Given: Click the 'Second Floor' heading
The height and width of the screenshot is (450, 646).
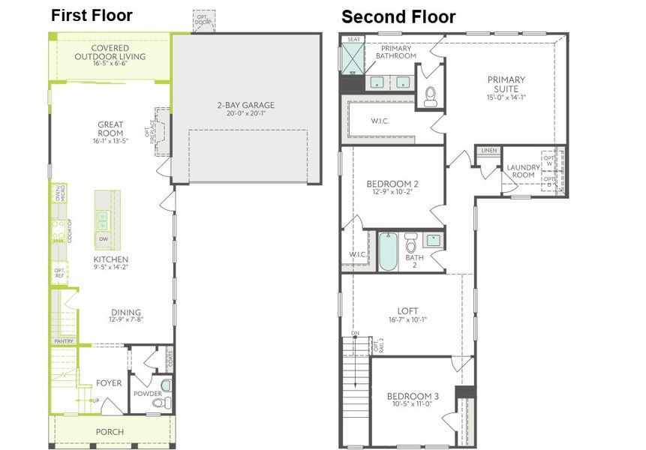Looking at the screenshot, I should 398,16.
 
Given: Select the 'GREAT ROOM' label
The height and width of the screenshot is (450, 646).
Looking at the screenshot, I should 110,130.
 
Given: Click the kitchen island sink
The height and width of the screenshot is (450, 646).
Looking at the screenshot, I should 103,220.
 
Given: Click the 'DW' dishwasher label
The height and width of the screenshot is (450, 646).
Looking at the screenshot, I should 103,239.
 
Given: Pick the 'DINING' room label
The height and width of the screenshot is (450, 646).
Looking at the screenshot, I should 126,313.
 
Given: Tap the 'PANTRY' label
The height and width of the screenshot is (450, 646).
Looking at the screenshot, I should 63,341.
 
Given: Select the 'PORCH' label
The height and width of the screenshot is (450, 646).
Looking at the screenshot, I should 110,431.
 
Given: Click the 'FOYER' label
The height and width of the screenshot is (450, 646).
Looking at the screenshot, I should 109,383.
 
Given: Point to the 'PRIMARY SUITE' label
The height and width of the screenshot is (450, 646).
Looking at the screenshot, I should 506,84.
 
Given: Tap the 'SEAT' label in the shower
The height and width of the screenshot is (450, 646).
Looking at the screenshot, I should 353,39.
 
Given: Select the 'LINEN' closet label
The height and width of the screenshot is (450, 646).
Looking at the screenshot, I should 489,151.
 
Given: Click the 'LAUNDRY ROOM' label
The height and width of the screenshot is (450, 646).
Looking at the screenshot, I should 524,171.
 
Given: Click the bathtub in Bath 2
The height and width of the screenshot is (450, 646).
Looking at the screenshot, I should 388,252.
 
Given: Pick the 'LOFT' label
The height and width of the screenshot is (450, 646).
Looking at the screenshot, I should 407,311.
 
